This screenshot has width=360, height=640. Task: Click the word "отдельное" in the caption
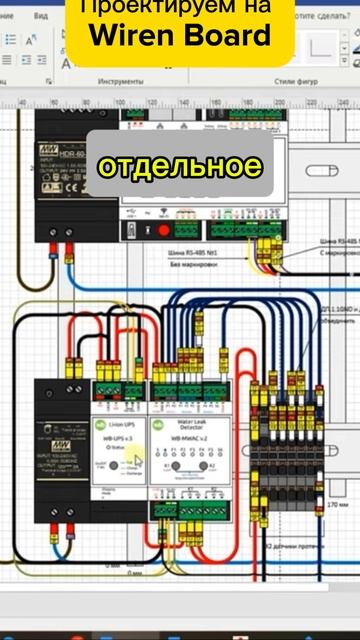[180, 165]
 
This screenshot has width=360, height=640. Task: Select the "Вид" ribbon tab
[40, 16]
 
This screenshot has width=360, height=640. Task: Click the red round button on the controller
[164, 231]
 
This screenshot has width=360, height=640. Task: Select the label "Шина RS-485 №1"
[194, 254]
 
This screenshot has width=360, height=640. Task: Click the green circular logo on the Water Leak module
[158, 423]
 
